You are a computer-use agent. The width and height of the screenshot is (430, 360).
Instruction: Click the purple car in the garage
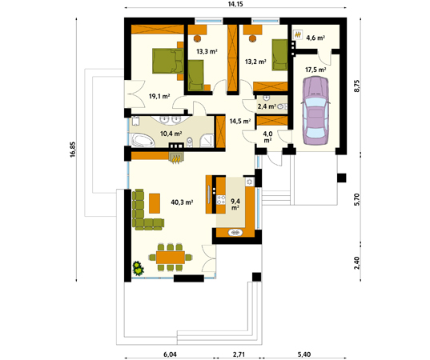tap(315, 110)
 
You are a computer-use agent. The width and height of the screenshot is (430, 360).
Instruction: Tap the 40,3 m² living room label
tap(182, 202)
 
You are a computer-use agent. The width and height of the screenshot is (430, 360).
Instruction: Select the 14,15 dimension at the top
tap(235, 4)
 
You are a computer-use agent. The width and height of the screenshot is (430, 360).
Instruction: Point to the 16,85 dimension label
tap(72, 150)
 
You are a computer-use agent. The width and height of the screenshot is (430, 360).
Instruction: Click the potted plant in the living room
tap(139, 268)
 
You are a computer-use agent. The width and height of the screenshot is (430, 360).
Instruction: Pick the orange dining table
tap(171, 258)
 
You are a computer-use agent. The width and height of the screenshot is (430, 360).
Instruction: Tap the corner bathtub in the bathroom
tap(143, 140)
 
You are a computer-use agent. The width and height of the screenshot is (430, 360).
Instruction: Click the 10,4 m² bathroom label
tap(171, 134)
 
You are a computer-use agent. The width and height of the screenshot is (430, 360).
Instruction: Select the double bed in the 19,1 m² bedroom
tap(167, 61)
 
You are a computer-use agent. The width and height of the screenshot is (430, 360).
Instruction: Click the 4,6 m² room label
tap(315, 38)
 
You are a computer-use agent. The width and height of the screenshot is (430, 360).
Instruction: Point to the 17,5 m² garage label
tap(315, 70)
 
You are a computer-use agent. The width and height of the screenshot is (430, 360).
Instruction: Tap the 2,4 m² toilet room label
tap(267, 106)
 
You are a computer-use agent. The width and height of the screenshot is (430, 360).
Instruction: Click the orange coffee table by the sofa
tap(155, 203)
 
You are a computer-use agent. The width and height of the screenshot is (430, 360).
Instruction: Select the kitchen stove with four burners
tap(221, 199)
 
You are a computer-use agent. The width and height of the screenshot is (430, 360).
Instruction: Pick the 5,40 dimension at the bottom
tap(304, 354)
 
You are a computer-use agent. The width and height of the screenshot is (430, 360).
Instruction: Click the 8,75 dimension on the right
tap(357, 86)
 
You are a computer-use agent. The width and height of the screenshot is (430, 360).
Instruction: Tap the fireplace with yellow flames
tap(176, 158)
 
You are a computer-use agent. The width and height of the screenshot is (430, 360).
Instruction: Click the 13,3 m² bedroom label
tap(207, 51)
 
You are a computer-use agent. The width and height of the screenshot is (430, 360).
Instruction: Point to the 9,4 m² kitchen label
tap(235, 204)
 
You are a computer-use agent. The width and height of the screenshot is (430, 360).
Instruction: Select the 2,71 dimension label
tap(239, 354)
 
